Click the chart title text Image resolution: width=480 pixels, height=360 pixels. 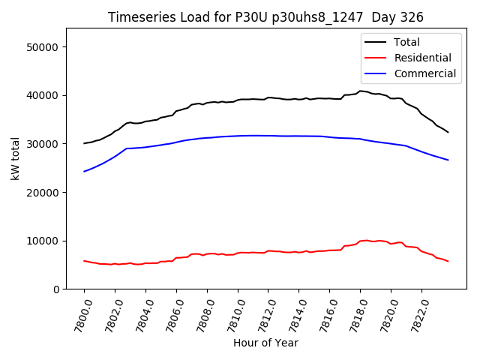tap(265, 17)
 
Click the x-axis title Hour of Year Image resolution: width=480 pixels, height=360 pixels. tap(265, 343)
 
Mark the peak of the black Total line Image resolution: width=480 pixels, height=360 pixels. tap(360, 91)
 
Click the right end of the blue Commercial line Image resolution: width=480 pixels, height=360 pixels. tap(448, 160)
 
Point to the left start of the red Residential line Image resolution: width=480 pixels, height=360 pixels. tap(84, 261)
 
